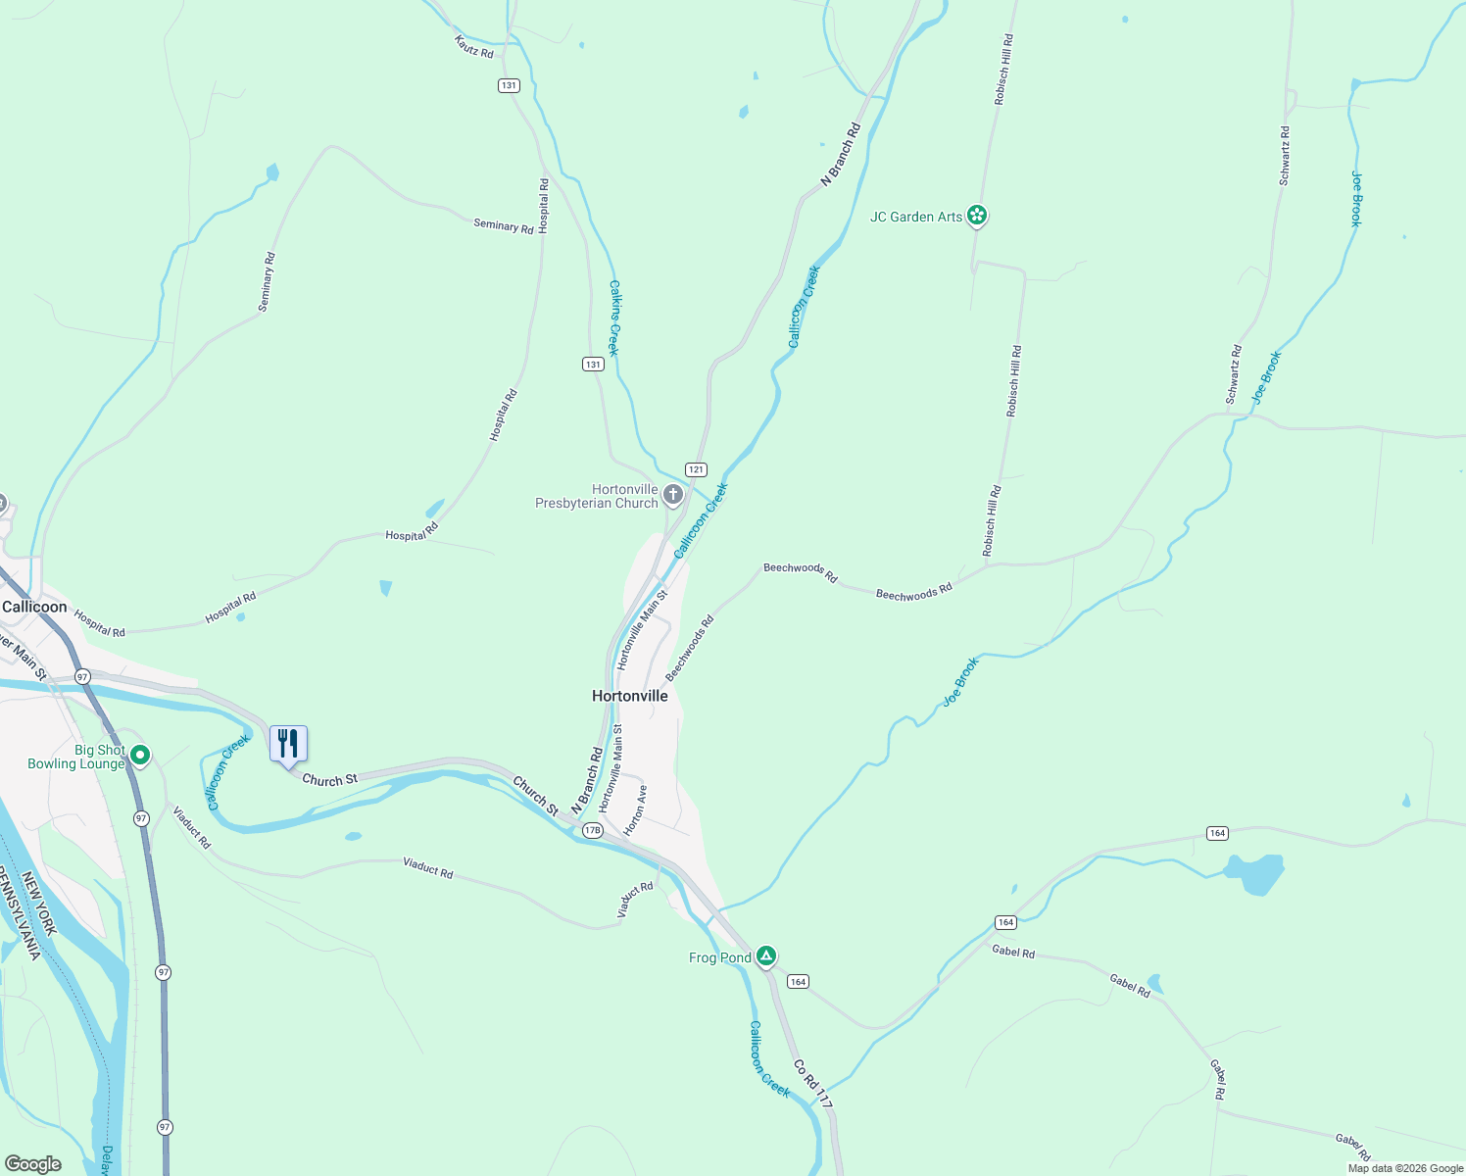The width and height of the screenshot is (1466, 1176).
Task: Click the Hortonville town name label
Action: [x=630, y=696]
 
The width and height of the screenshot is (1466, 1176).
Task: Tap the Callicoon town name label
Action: [x=35, y=607]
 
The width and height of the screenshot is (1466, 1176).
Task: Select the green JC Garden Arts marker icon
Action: [x=976, y=216]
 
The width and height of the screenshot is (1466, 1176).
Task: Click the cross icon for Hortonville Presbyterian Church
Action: [x=672, y=494]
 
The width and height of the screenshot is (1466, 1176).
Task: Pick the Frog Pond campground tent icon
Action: [x=766, y=956]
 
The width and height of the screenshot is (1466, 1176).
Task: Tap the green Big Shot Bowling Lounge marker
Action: [x=140, y=755]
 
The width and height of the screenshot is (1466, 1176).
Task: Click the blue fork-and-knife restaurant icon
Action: [x=288, y=744]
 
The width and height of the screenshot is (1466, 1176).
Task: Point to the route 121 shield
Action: [x=696, y=469]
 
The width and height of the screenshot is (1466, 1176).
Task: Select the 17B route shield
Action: [x=592, y=830]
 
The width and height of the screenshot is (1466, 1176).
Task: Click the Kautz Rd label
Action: [x=474, y=46]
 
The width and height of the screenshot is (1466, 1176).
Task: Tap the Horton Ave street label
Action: [x=636, y=808]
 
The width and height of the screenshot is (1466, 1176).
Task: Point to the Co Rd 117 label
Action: [x=813, y=1084]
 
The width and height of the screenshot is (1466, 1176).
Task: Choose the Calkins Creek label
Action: [x=614, y=318]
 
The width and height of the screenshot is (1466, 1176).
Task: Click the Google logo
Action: [x=33, y=1164]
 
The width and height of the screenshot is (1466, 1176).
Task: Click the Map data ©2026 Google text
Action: [x=1405, y=1168]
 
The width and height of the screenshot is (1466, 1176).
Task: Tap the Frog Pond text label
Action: [x=720, y=957]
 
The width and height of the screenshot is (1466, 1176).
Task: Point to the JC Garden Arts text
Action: [x=916, y=217]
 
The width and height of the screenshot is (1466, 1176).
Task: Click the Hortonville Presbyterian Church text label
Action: [x=597, y=496]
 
